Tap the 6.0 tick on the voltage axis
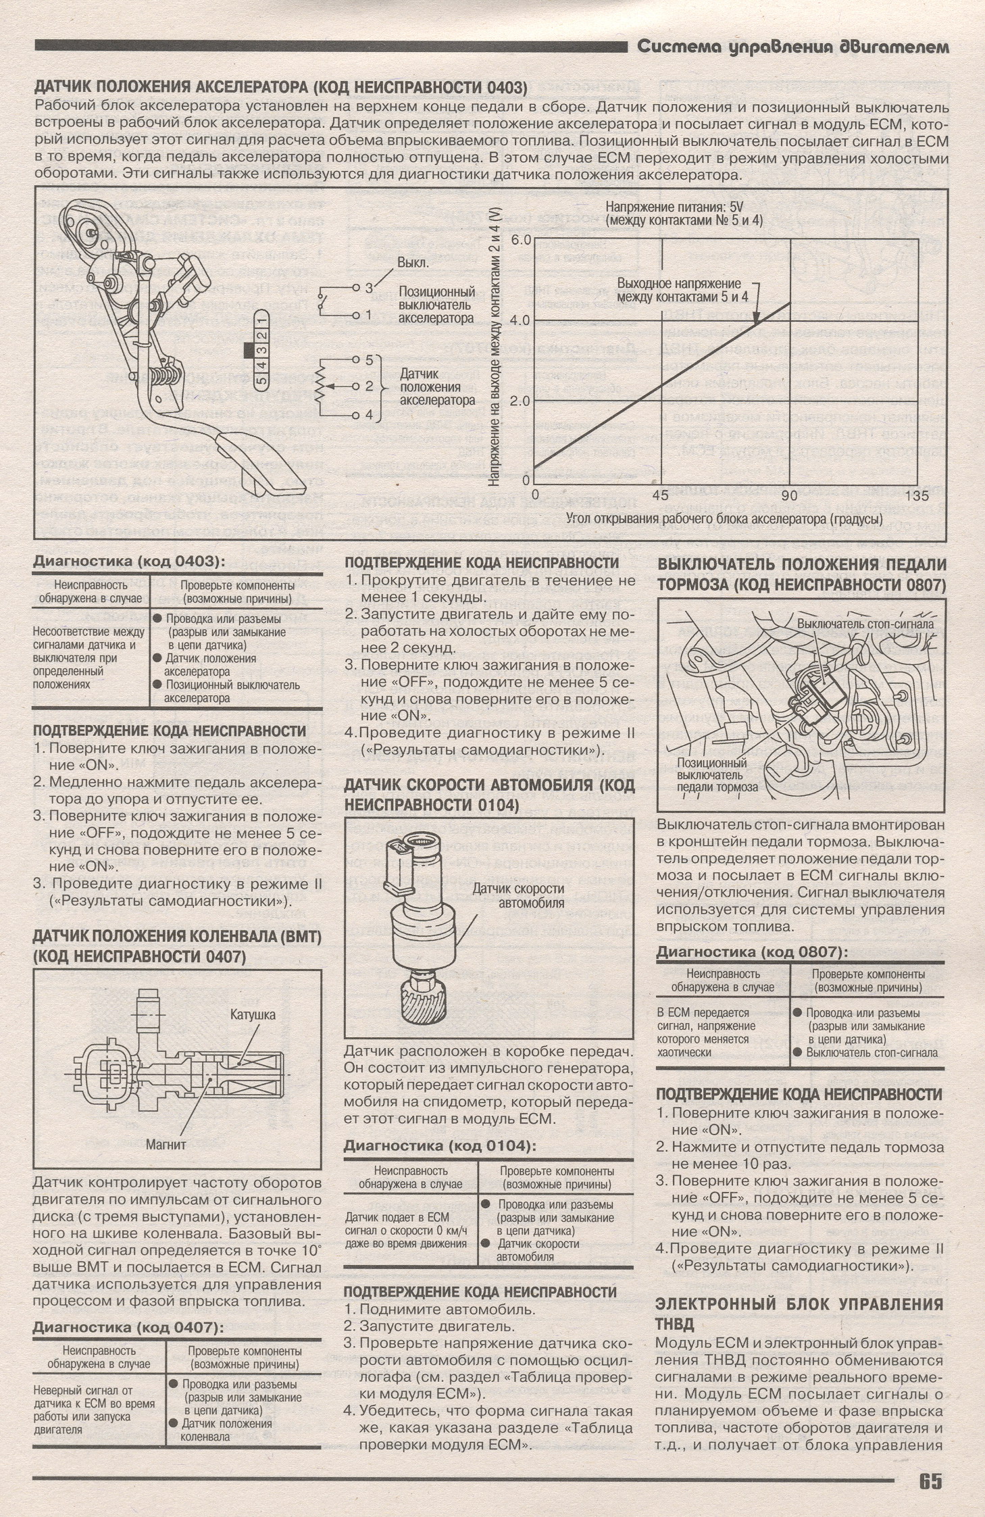(522, 240)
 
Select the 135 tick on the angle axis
(915, 495)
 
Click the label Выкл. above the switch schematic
(412, 263)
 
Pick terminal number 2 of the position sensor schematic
(370, 386)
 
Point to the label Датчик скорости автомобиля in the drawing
(517, 895)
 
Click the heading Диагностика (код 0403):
(128, 562)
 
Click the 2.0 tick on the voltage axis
(522, 400)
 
